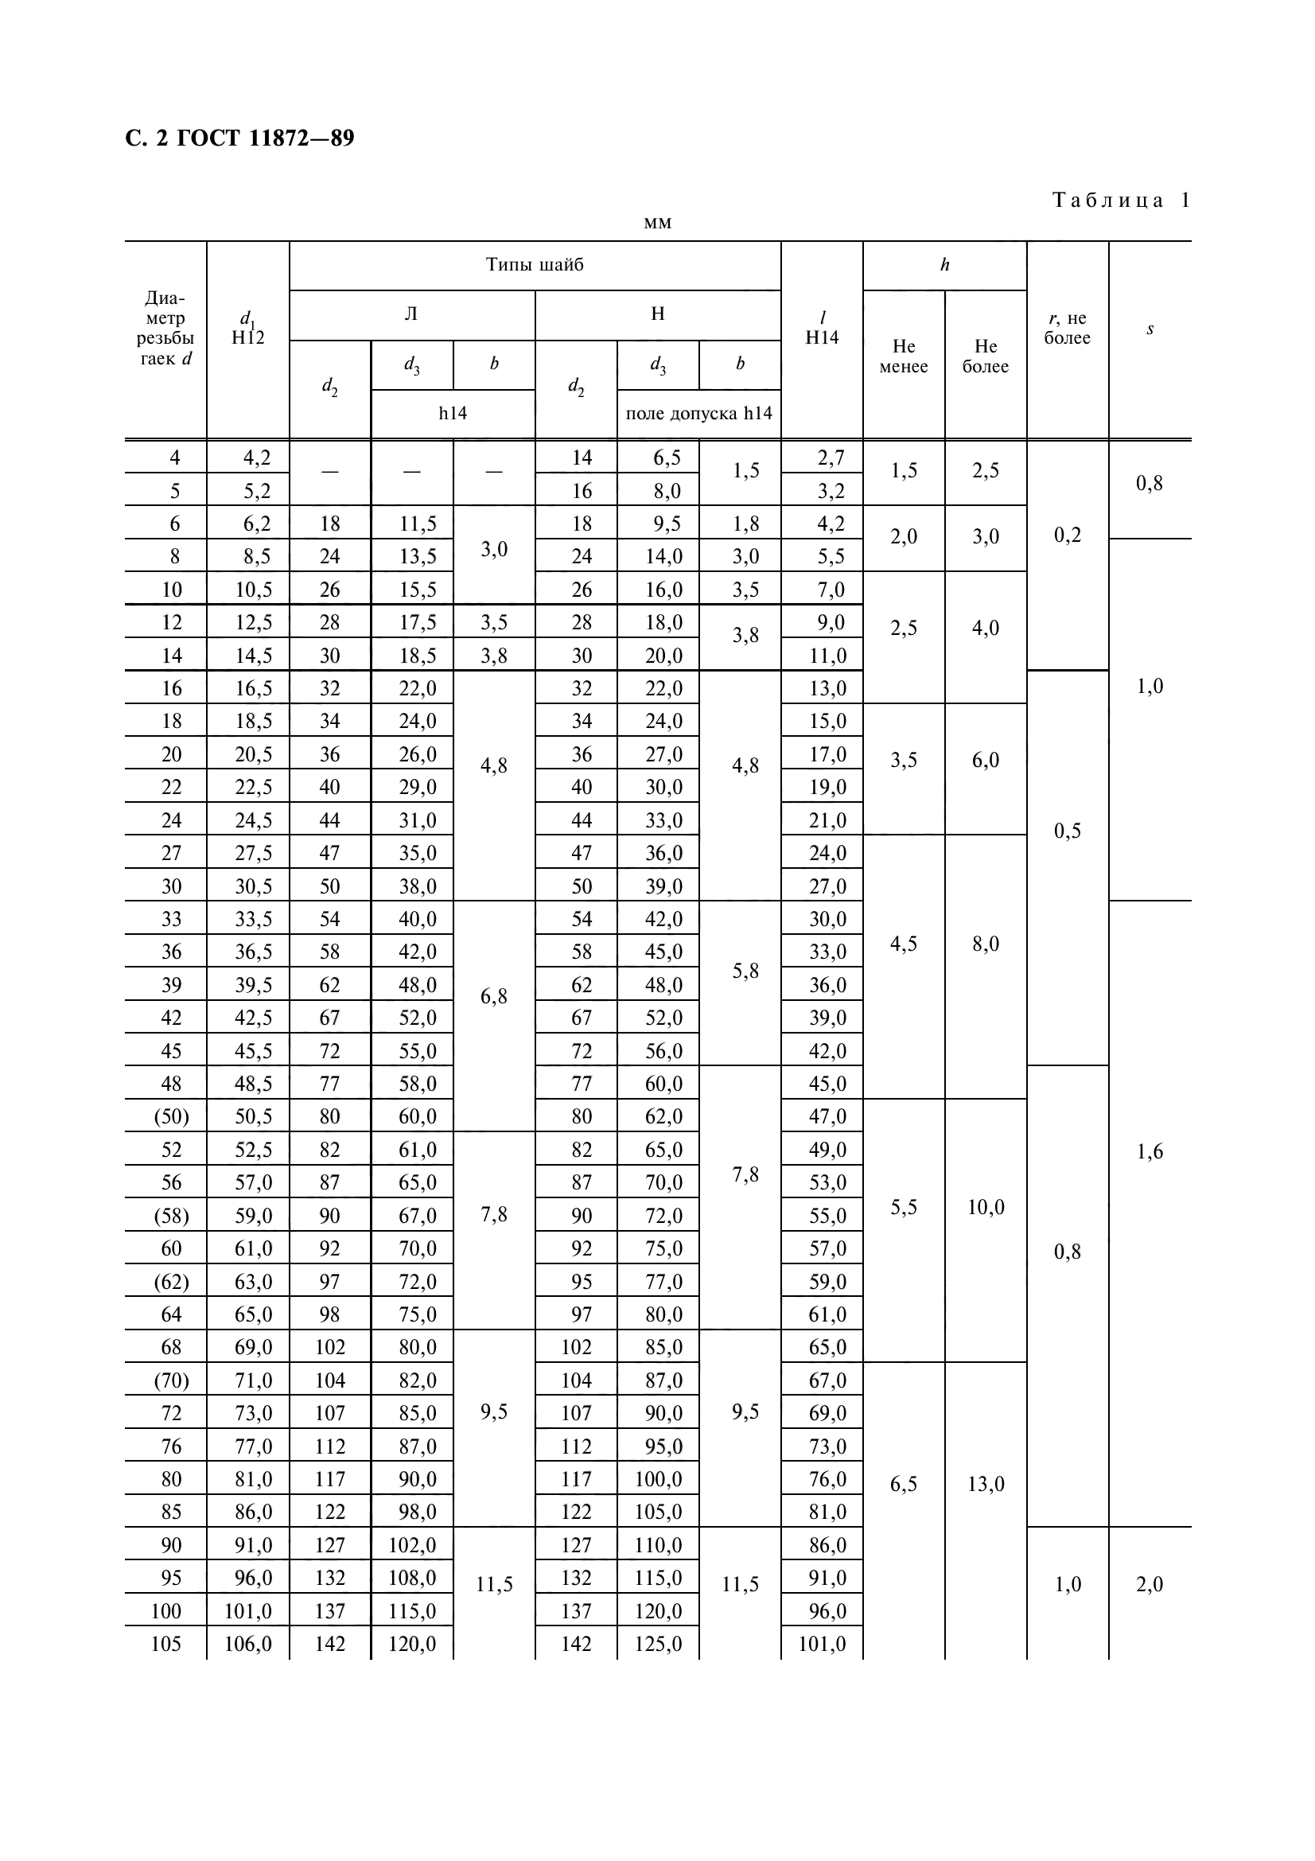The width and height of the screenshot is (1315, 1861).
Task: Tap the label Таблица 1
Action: [1121, 201]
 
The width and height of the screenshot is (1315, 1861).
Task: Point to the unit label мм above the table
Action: [657, 223]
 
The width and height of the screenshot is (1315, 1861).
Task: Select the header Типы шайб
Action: [535, 265]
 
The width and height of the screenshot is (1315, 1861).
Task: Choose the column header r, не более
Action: [1066, 329]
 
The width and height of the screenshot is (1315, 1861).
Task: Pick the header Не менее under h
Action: [904, 356]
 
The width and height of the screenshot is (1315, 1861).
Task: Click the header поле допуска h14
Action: [698, 414]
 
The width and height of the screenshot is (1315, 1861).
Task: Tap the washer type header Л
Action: [411, 314]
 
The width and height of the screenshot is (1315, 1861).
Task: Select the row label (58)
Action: [171, 1216]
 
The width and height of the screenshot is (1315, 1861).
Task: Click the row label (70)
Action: [171, 1380]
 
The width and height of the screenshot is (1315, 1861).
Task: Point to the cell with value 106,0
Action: [248, 1644]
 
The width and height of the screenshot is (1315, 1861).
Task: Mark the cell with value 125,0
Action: [658, 1644]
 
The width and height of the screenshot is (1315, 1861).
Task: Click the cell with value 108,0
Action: [412, 1577]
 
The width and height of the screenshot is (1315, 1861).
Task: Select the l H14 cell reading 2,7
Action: [831, 458]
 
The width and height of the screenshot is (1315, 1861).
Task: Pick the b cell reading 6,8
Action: [493, 997]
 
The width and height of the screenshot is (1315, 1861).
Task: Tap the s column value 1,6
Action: [1149, 1151]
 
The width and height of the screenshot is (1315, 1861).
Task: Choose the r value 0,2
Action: [1067, 535]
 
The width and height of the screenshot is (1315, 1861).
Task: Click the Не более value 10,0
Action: [985, 1207]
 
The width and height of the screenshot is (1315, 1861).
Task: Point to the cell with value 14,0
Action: [663, 556]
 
